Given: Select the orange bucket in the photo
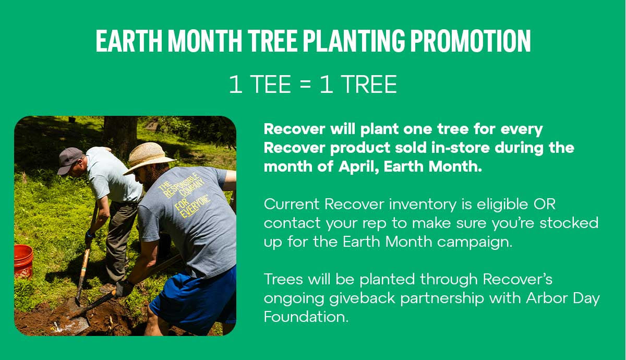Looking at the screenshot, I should click(x=23, y=260).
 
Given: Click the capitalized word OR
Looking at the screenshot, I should click(x=545, y=203).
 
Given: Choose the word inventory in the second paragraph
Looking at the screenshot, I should click(x=407, y=204).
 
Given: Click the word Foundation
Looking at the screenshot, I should click(x=305, y=317).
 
